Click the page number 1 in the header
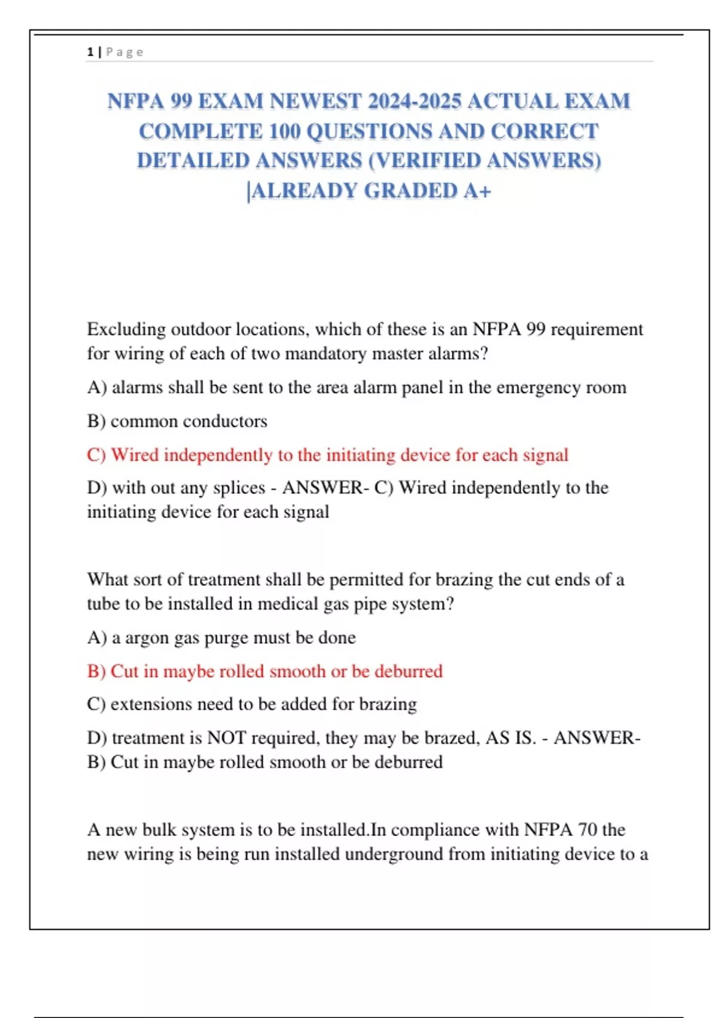click(90, 52)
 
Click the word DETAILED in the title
click(193, 161)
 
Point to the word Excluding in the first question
click(126, 329)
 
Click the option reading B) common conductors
click(177, 422)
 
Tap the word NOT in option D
click(226, 738)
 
